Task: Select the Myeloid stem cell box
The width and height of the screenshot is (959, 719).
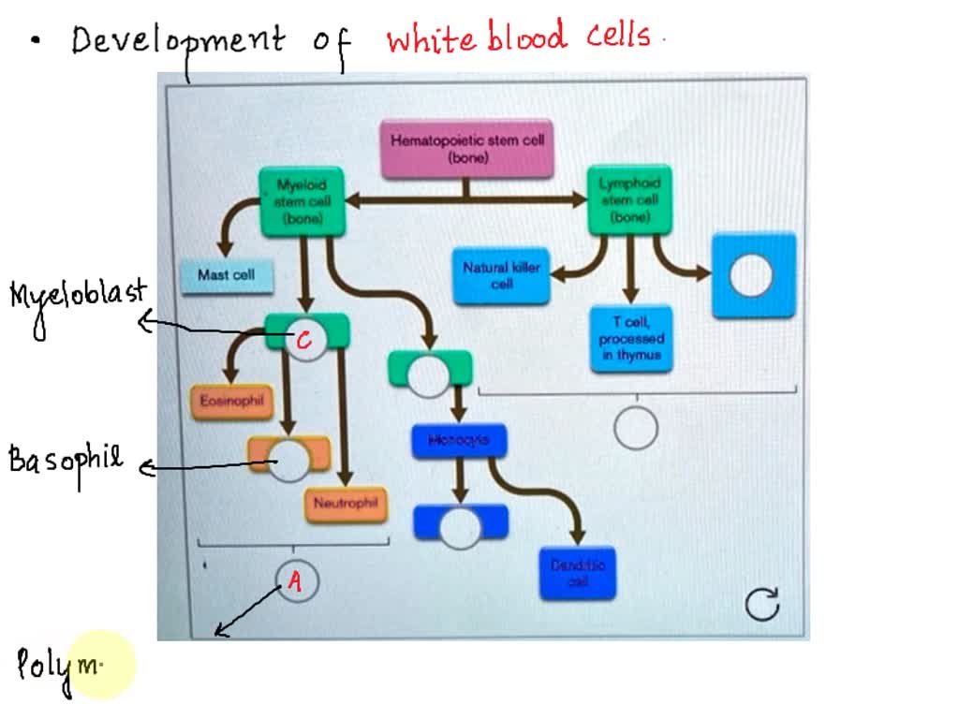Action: point(302,201)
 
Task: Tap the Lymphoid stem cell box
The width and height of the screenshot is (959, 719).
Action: point(630,200)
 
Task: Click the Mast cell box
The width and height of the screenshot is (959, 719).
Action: point(226,275)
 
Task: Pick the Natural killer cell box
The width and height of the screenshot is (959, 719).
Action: point(501,275)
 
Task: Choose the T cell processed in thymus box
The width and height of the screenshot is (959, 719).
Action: point(631,339)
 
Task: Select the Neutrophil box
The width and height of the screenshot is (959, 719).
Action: point(346,504)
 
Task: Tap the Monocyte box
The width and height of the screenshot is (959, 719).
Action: point(459,441)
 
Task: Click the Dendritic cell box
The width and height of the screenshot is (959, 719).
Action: point(578,573)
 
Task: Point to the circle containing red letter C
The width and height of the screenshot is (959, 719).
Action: point(304,342)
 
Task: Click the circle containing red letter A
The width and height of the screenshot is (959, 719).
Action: point(296,582)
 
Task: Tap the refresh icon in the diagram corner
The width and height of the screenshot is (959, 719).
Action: point(761,605)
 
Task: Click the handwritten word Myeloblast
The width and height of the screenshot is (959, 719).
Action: point(79,296)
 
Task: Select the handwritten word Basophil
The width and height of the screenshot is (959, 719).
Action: point(66,460)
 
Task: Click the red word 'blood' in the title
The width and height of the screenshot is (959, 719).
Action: point(526,37)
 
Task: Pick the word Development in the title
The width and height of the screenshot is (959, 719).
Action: point(178,41)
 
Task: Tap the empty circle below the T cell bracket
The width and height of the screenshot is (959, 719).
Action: point(636,429)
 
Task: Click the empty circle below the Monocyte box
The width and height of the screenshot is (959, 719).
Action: point(460,529)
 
